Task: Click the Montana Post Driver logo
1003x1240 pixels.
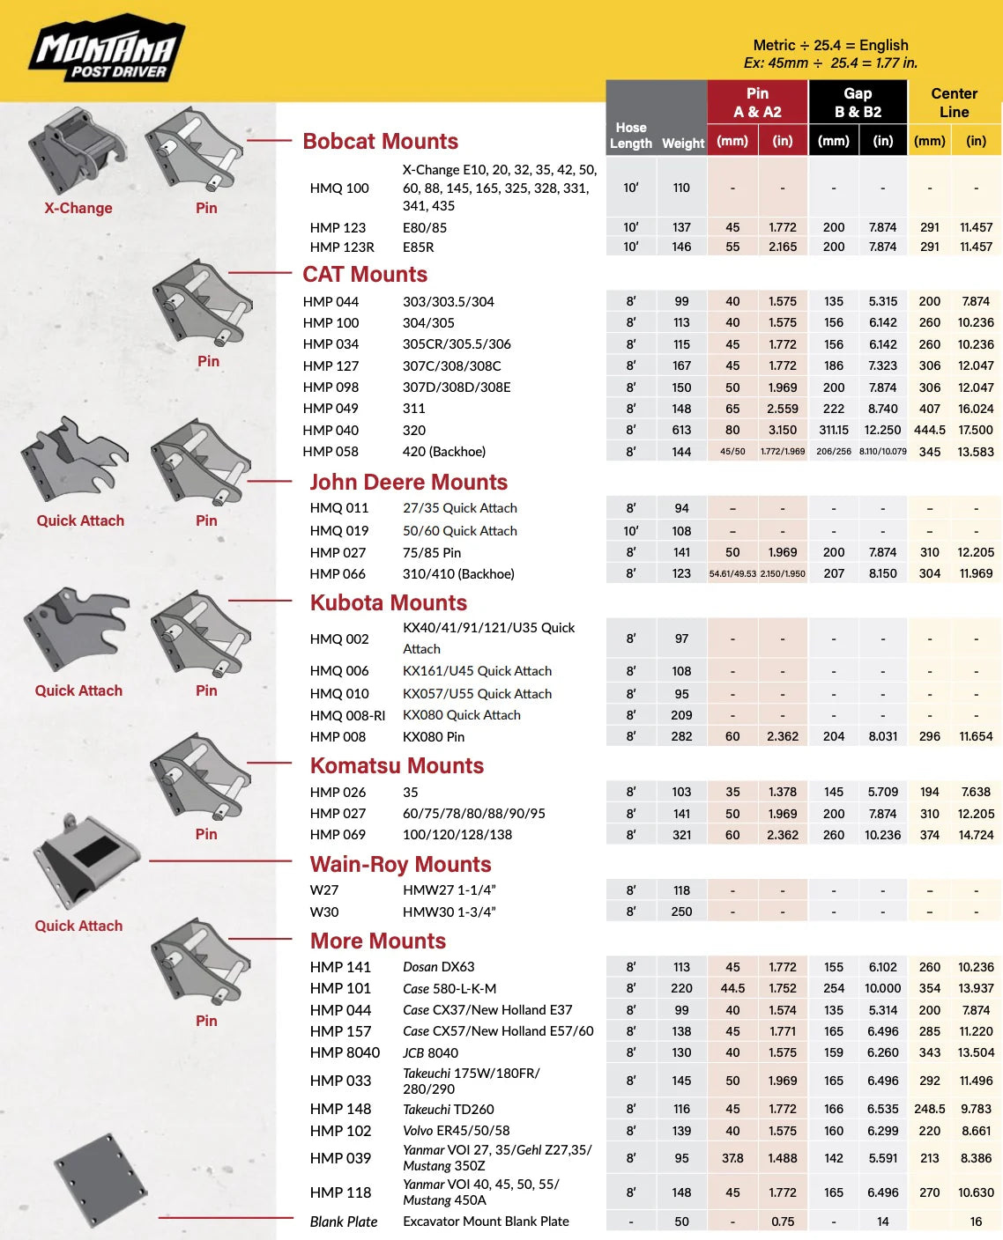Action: pos(106,50)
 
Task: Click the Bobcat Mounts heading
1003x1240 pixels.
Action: pos(380,141)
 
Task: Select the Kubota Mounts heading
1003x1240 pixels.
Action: pos(388,602)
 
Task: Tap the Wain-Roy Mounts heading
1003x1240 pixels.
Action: pos(400,864)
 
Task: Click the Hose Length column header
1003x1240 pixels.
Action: pos(631,135)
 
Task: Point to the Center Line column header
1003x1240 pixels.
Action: pos(954,102)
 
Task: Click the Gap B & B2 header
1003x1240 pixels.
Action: pos(858,102)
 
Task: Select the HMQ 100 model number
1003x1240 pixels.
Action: pos(339,188)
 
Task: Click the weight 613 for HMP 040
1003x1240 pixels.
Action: pos(681,430)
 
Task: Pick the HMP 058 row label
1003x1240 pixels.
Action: pos(331,451)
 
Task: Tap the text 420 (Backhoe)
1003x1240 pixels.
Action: pos(444,451)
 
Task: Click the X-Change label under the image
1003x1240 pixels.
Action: pos(78,208)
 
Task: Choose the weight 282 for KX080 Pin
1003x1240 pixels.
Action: pos(681,736)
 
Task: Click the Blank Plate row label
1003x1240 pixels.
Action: pos(344,1222)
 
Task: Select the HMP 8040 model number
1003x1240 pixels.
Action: pos(345,1052)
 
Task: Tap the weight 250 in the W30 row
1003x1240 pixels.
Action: pos(681,912)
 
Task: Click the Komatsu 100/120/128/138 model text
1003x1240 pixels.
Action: pos(457,834)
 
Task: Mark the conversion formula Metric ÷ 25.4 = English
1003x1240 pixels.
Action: pos(830,45)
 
